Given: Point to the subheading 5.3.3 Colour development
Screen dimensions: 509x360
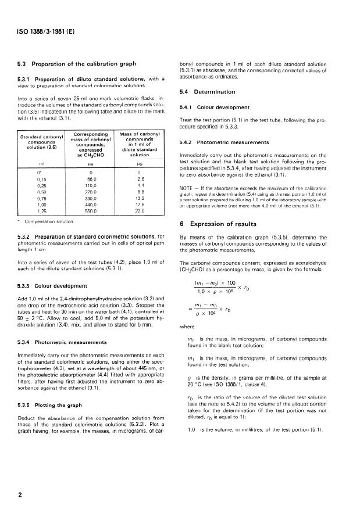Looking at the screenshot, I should [62, 285].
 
